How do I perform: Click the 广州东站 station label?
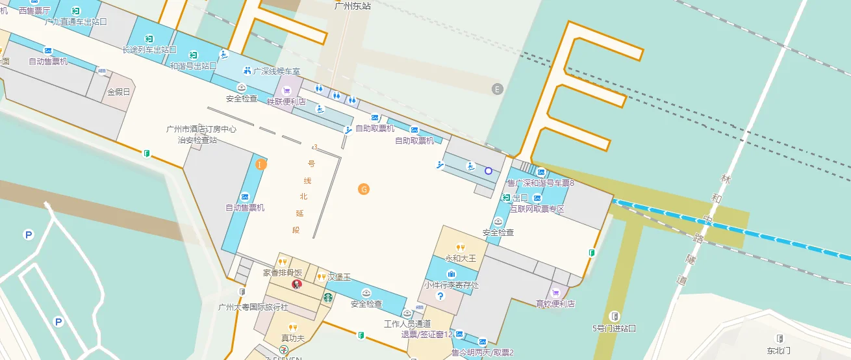352,6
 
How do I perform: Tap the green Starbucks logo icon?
328,297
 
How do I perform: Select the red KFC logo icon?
297,284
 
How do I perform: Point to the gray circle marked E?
498,89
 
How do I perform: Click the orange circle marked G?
364,189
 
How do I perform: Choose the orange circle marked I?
260,164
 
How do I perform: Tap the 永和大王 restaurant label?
461,258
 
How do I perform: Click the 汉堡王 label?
339,277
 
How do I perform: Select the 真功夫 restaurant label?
293,338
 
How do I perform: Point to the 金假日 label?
119,92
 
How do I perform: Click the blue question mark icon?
440,296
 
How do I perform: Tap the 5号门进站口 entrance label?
614,328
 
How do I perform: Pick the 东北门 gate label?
778,350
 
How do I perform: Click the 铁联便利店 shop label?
286,101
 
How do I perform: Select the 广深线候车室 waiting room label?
277,71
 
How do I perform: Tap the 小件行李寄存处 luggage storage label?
451,285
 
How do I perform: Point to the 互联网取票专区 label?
537,209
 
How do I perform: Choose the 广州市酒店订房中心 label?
201,129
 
